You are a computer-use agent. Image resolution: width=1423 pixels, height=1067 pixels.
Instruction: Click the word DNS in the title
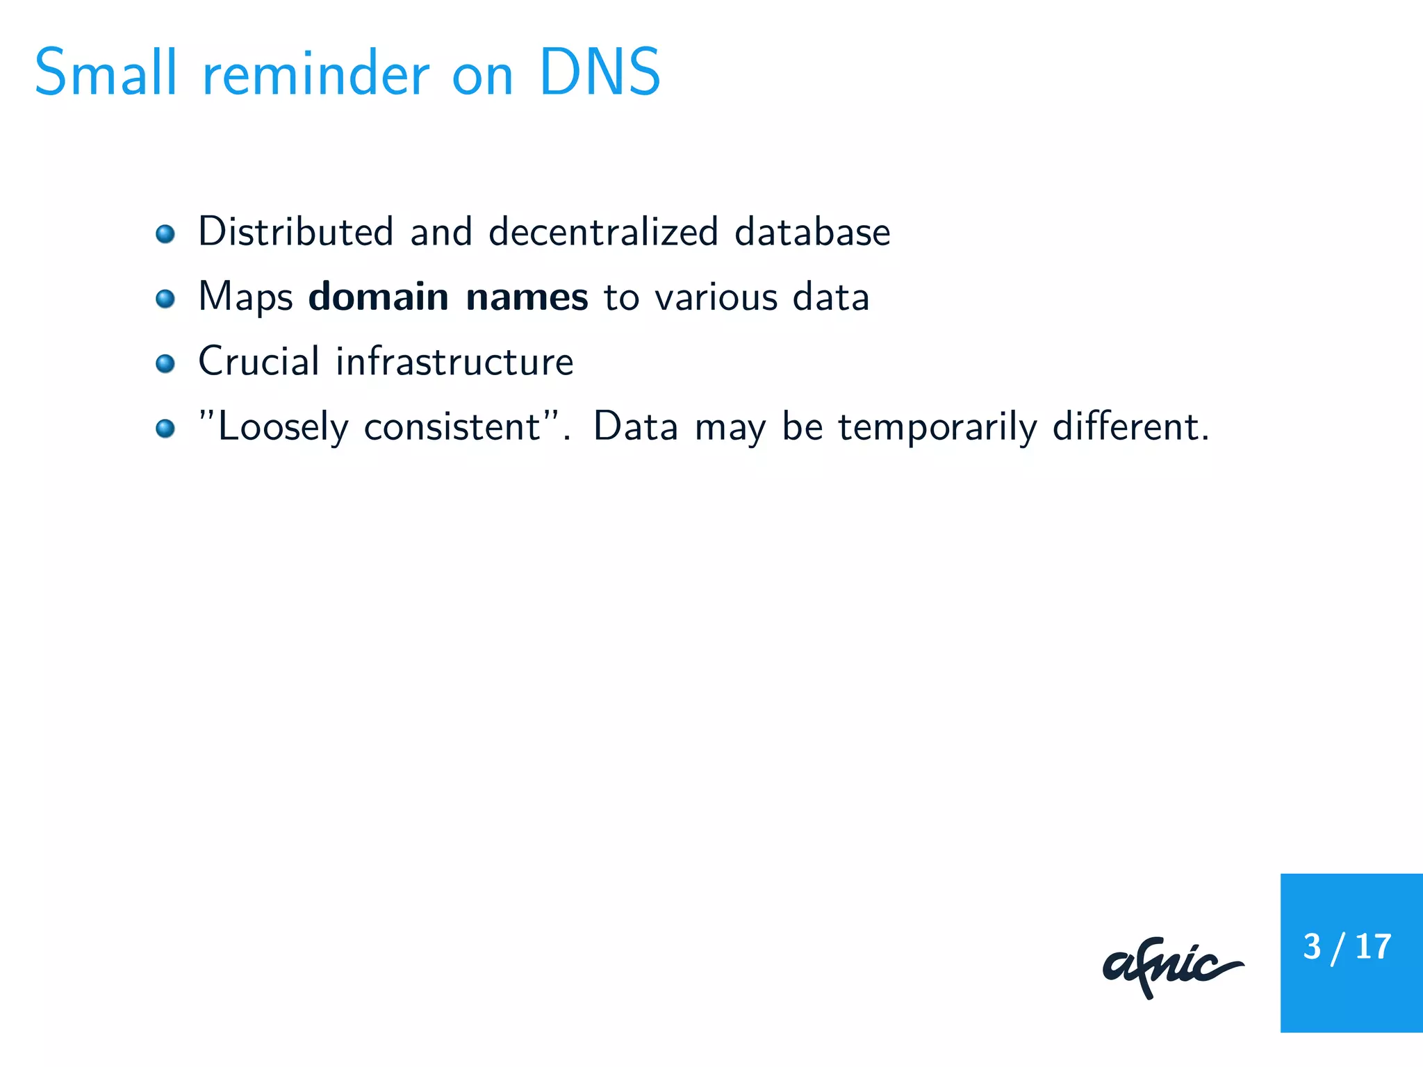pyautogui.click(x=599, y=73)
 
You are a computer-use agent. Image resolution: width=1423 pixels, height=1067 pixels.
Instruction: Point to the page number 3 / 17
pyautogui.click(x=1347, y=947)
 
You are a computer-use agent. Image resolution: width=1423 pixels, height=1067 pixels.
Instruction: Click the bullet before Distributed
pyautogui.click(x=165, y=234)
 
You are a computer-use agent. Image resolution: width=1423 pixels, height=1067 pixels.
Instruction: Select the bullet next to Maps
pyautogui.click(x=165, y=299)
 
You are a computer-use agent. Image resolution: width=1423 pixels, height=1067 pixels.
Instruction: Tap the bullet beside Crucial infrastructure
pyautogui.click(x=165, y=363)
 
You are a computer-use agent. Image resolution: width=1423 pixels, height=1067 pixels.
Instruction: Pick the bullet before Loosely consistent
pyautogui.click(x=165, y=428)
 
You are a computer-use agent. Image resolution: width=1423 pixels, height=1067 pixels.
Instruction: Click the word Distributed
pyautogui.click(x=296, y=231)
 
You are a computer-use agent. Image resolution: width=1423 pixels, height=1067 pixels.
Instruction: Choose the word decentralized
pyautogui.click(x=603, y=231)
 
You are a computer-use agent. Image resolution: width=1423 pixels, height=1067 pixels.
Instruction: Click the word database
pyautogui.click(x=812, y=231)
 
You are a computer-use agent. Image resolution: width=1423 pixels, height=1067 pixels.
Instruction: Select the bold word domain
pyautogui.click(x=379, y=297)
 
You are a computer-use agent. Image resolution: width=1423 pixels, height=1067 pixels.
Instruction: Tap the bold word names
pyautogui.click(x=527, y=297)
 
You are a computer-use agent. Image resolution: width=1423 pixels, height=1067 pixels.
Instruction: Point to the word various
pyautogui.click(x=716, y=297)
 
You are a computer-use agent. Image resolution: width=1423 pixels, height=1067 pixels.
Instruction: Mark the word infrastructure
pyautogui.click(x=455, y=361)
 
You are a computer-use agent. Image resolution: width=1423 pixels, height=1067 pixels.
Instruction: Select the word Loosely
pyautogui.click(x=283, y=427)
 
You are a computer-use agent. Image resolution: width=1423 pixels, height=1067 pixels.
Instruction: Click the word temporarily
pyautogui.click(x=937, y=427)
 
